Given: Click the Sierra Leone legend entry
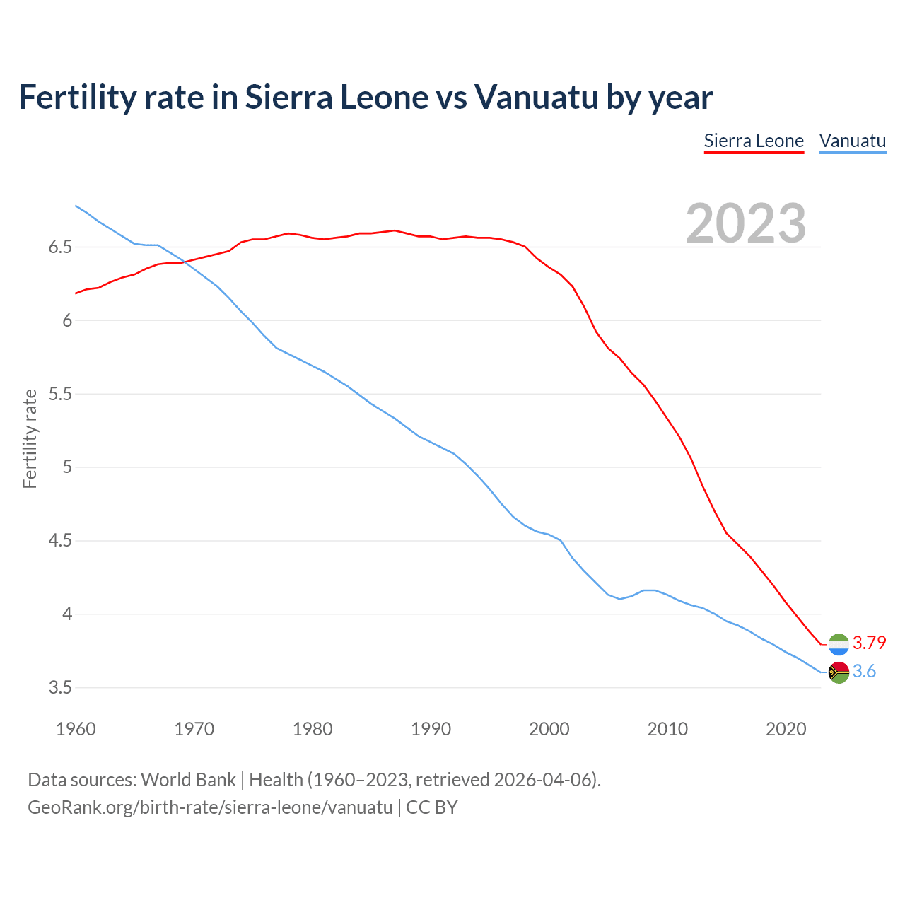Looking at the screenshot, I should [x=754, y=141].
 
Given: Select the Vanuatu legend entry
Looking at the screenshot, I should [x=852, y=141].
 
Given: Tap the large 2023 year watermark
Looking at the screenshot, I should [x=746, y=223].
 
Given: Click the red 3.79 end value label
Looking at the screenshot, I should [x=869, y=643].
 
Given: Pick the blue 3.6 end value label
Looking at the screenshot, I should [x=864, y=672].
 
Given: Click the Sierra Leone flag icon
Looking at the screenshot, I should [x=839, y=644].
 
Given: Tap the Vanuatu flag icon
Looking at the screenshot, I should [x=839, y=672].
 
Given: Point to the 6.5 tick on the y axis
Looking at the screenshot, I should [x=61, y=247].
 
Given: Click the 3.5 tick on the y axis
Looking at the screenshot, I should [x=61, y=688].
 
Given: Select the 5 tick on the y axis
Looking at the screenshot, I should [x=67, y=467].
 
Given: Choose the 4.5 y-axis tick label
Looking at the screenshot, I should [x=61, y=541].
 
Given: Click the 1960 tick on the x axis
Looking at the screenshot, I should [x=76, y=729].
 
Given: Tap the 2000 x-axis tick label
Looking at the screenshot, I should [x=549, y=729].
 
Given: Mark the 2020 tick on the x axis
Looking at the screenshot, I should [x=786, y=729].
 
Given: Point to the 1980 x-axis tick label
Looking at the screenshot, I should [x=313, y=729].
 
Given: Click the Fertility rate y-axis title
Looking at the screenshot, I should [x=30, y=438].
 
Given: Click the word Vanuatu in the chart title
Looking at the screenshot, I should [x=536, y=98].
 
